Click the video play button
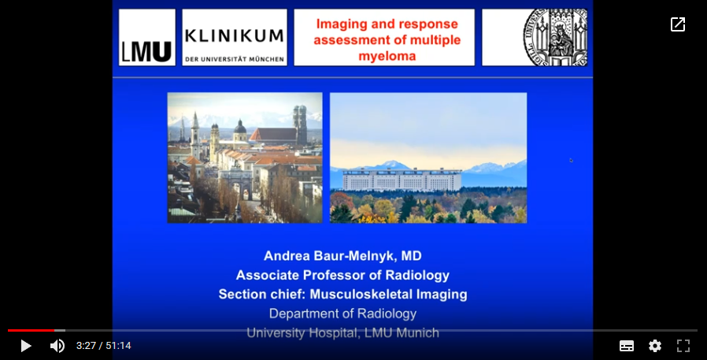26,346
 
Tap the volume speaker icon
57,346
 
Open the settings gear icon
655,346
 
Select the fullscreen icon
683,346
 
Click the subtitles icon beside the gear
627,346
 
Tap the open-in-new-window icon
678,24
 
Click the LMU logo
147,38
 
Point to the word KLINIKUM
234,35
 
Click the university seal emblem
554,38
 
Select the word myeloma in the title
387,56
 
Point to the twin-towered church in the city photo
300,124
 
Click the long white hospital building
402,180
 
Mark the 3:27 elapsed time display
86,346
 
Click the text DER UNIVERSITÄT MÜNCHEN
235,59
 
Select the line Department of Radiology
342,314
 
